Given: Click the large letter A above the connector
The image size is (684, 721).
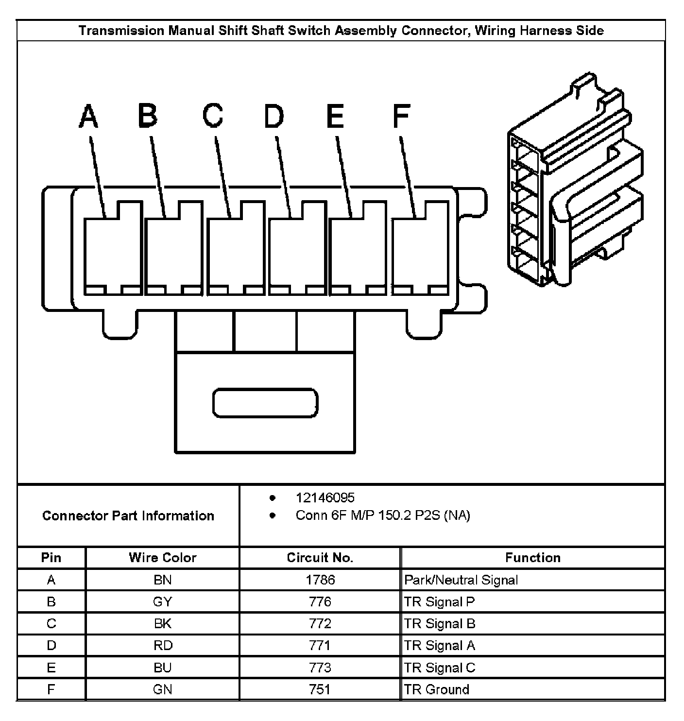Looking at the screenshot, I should click(x=88, y=117).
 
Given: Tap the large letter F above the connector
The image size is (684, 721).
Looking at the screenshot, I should click(x=401, y=117).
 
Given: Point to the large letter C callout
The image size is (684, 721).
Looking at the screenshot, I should click(x=213, y=117).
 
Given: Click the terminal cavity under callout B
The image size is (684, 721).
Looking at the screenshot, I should click(x=173, y=253).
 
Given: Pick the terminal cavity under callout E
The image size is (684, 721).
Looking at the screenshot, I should click(x=358, y=253).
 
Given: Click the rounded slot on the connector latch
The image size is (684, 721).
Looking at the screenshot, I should click(x=265, y=403).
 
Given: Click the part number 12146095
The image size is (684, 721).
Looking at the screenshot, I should click(x=325, y=498).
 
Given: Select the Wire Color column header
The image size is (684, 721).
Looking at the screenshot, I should click(x=162, y=557).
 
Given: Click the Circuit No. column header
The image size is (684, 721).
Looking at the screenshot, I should click(x=320, y=557).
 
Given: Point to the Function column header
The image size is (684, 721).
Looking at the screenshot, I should click(x=532, y=557).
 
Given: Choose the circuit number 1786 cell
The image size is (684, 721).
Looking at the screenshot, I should click(x=320, y=580).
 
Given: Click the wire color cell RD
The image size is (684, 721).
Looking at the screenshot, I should click(x=162, y=645).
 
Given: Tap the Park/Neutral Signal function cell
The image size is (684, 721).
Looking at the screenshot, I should click(x=461, y=580).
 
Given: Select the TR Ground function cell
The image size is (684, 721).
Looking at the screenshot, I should click(x=437, y=689).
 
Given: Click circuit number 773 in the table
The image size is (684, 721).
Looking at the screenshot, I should click(x=320, y=668).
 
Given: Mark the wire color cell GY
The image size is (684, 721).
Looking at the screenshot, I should click(x=162, y=601).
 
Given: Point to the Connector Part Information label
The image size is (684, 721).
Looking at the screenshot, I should click(x=128, y=515).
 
